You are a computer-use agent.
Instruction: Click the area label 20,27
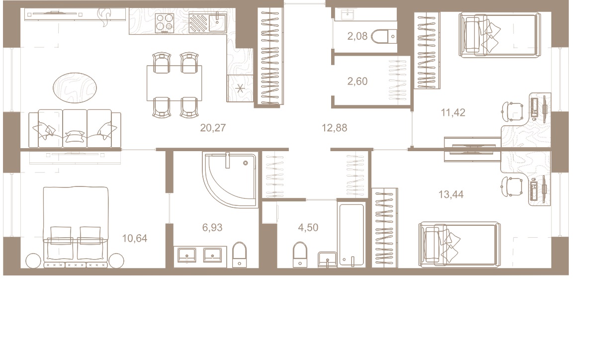coord(213,128)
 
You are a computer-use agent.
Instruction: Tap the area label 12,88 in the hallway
coord(335,128)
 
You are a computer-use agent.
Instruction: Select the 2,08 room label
coord(357,36)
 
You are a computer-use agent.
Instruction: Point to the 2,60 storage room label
coord(357,82)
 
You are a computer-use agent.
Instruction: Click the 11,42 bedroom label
coord(453,112)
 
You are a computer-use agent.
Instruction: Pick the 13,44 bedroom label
coord(451,195)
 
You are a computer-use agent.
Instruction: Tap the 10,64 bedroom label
coord(135,238)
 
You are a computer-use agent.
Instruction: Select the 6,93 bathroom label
coord(212,228)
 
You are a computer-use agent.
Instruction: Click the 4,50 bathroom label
coord(308,228)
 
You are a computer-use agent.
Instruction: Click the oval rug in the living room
coord(75,88)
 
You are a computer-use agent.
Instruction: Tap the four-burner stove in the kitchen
coord(165,23)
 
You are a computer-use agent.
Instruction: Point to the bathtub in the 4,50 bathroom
coord(351,235)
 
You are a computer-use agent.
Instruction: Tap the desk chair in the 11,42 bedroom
coord(513,111)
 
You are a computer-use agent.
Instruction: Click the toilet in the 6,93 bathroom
coord(240,255)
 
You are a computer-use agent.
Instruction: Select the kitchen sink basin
coord(217,23)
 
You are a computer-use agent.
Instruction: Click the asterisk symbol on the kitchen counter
coord(240,89)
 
